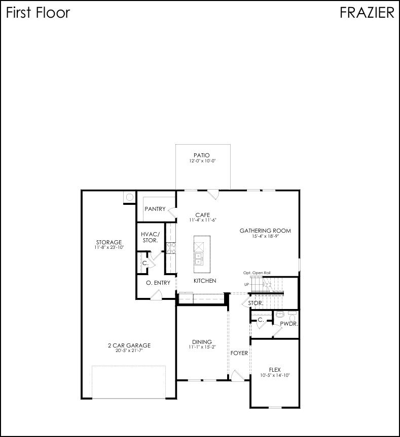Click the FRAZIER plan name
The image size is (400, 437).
coord(367,13)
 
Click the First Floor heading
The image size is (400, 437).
coord(38,13)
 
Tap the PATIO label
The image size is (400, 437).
coord(201,155)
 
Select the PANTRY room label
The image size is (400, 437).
coord(155,209)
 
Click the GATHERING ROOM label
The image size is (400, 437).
coord(265,231)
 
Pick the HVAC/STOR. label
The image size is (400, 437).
coord(150,237)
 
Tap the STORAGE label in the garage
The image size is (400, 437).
coord(109,242)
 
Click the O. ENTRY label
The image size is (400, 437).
coord(158,283)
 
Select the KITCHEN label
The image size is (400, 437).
coord(205,281)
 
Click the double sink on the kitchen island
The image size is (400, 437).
coord(198,258)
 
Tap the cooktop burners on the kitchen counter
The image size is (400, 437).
coord(171,247)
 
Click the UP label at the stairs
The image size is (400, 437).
coord(246,284)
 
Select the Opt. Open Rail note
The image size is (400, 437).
coord(257,273)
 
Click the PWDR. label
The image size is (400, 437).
coord(288,323)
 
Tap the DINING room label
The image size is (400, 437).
coord(202,342)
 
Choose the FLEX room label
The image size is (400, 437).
coord(275,370)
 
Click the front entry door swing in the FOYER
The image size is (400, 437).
coord(236,376)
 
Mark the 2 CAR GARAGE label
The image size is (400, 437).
coord(129,345)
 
